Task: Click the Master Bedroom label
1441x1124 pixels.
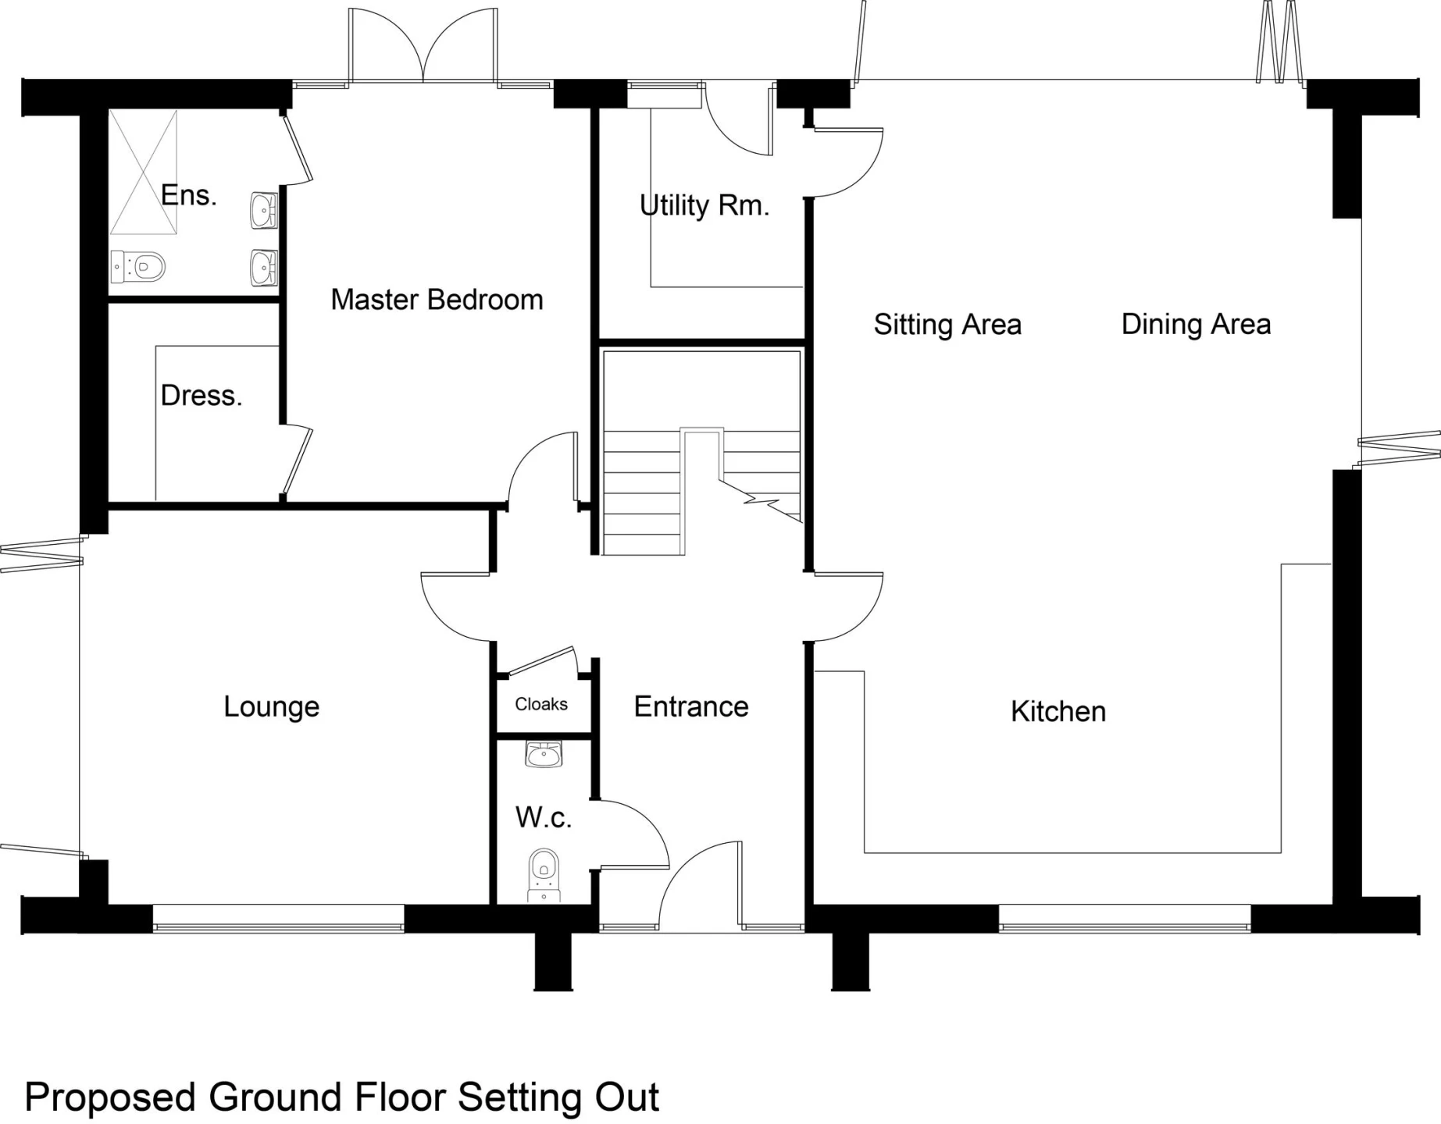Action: [x=437, y=300]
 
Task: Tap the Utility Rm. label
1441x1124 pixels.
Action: [x=704, y=205]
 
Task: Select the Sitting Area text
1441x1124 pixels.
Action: [x=947, y=324]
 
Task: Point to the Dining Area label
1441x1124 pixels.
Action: [x=1196, y=324]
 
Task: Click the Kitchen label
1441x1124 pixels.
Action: [x=1058, y=711]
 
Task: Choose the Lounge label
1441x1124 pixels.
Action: [x=272, y=707]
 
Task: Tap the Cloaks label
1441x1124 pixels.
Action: [x=541, y=704]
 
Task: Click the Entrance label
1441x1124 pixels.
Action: [x=691, y=706]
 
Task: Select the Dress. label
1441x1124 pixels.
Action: [x=202, y=396]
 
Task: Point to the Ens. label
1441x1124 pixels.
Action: [x=188, y=195]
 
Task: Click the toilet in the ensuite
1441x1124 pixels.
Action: [x=138, y=267]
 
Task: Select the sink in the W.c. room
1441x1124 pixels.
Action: [x=544, y=754]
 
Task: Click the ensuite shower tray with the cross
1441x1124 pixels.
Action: [x=143, y=173]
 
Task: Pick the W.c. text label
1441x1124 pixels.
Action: [x=544, y=818]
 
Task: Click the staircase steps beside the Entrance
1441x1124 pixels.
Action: [x=701, y=491]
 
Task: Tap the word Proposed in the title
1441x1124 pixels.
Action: [x=110, y=1098]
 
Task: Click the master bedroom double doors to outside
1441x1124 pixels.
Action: [x=423, y=45]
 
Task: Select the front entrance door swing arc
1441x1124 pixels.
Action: [x=687, y=866]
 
